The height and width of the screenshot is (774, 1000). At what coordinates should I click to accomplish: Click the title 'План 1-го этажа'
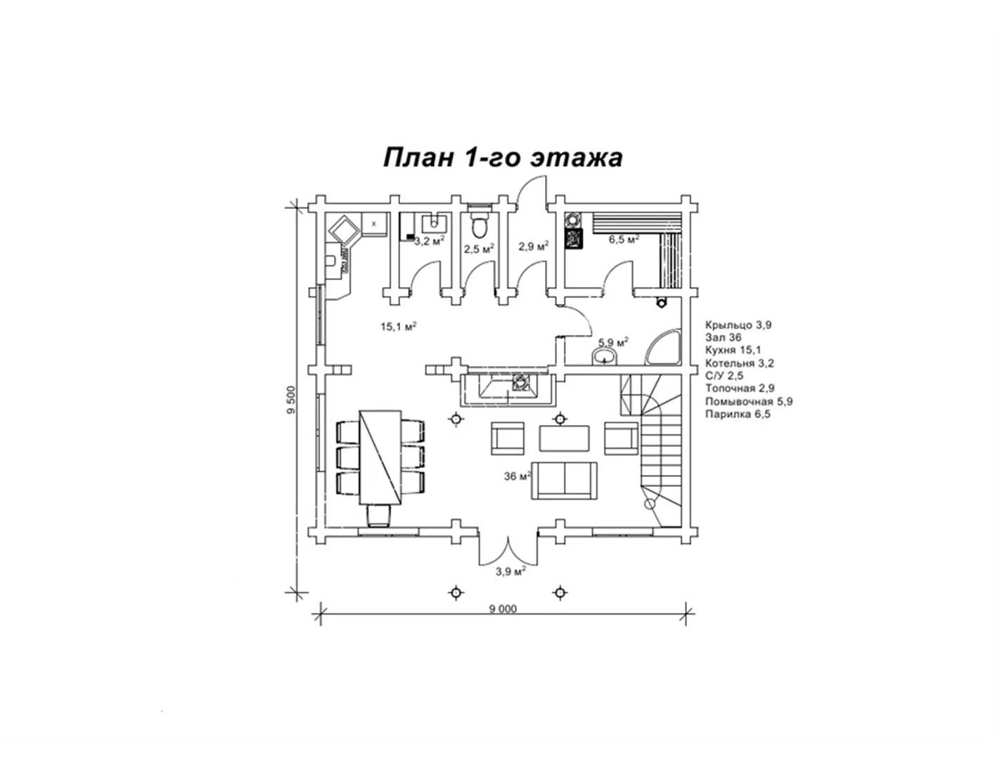[x=503, y=158]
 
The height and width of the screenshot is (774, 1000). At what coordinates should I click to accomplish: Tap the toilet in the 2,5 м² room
[x=480, y=222]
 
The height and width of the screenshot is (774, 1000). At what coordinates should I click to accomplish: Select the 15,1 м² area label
[x=399, y=326]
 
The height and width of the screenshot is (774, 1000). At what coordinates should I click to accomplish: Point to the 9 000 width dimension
[x=503, y=609]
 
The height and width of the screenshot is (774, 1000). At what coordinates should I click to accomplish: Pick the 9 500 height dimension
[x=291, y=400]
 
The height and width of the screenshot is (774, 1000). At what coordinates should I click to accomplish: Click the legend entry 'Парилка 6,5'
[x=738, y=414]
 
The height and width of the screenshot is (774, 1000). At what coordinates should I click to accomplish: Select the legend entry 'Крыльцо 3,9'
[x=738, y=325]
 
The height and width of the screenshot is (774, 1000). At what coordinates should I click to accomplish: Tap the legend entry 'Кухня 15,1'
[x=733, y=350]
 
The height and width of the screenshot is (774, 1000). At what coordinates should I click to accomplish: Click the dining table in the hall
[x=380, y=457]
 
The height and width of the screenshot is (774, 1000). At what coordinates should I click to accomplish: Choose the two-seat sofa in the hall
[x=564, y=481]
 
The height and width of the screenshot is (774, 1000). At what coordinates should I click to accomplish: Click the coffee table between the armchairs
[x=564, y=439]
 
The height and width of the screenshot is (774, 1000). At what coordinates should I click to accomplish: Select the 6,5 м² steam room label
[x=624, y=239]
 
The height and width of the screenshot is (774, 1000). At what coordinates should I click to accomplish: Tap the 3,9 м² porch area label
[x=511, y=571]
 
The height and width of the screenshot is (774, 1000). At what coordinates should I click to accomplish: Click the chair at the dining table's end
[x=380, y=516]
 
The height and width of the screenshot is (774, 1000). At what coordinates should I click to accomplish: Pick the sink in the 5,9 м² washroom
[x=604, y=356]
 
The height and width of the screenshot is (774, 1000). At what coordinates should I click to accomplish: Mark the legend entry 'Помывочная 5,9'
[x=749, y=402]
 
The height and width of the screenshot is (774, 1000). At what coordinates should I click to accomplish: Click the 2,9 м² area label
[x=533, y=246]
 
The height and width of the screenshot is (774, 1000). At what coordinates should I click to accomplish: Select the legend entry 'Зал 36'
[x=723, y=338]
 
